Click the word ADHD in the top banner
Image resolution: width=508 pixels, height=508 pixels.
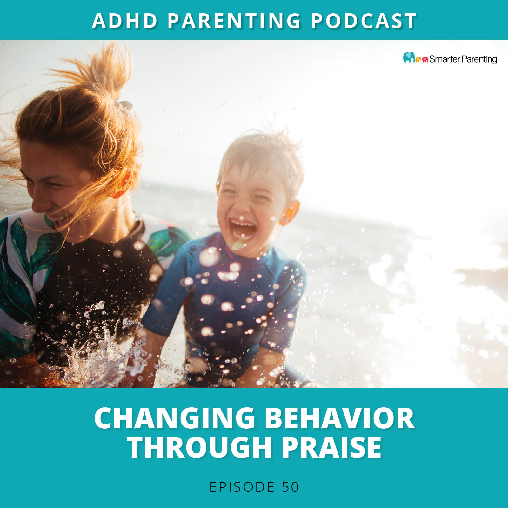125,21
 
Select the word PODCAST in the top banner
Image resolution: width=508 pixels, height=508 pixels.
364,21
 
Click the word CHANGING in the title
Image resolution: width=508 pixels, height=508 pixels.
175,418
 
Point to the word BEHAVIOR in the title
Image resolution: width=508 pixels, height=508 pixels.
339,418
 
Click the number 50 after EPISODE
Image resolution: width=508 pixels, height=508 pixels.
290,487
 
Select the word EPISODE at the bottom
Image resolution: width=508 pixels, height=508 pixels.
242,487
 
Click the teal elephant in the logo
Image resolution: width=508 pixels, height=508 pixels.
409,57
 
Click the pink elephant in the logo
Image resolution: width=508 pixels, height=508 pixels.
425,59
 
